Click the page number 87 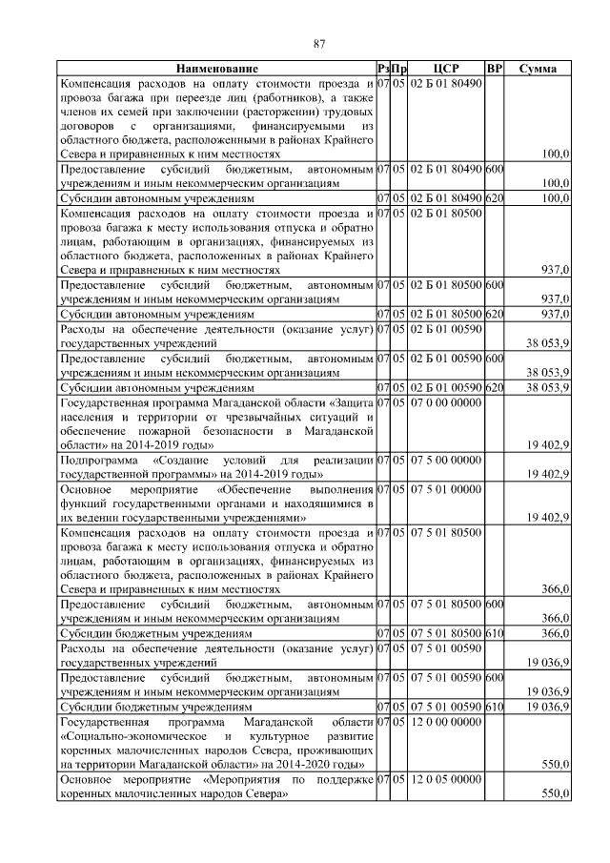point(320,42)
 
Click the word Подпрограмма point(95,461)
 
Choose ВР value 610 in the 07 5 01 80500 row point(494,632)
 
